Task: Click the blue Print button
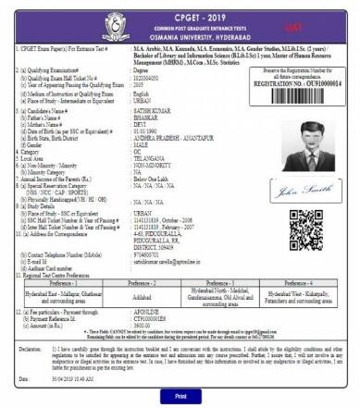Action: tap(180, 393)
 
